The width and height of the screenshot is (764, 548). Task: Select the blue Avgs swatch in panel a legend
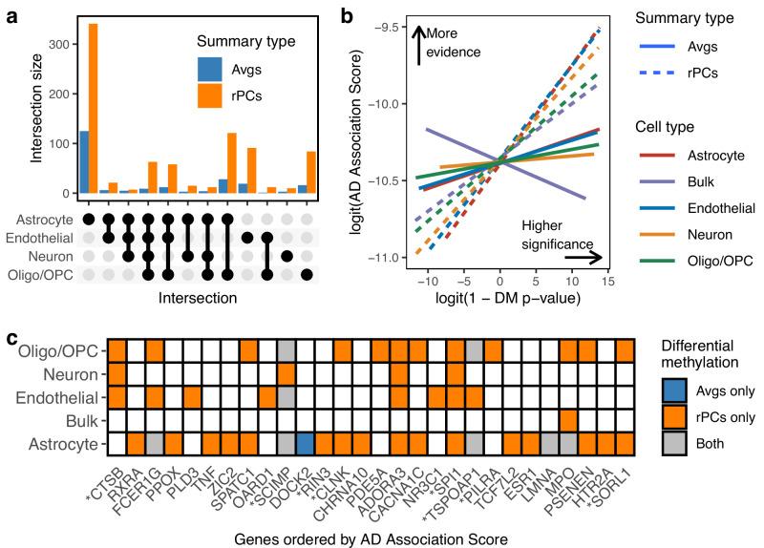tap(209, 70)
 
